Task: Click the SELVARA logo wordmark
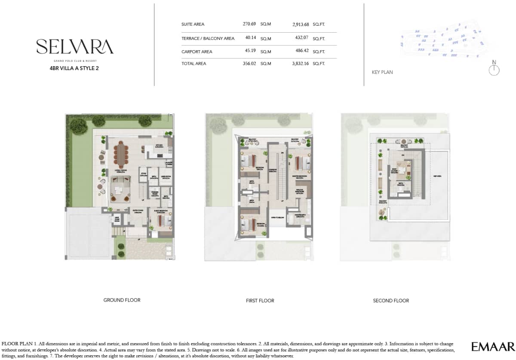(x=75, y=46)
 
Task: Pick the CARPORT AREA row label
(x=197, y=52)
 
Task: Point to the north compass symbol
(x=494, y=70)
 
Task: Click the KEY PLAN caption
(x=382, y=72)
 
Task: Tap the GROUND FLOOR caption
(x=122, y=300)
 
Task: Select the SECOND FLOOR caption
(x=391, y=301)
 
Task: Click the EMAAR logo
(x=493, y=347)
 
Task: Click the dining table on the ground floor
(x=121, y=156)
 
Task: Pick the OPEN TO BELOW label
(x=277, y=217)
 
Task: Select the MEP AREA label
(x=438, y=177)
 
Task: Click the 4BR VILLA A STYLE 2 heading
(x=74, y=68)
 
